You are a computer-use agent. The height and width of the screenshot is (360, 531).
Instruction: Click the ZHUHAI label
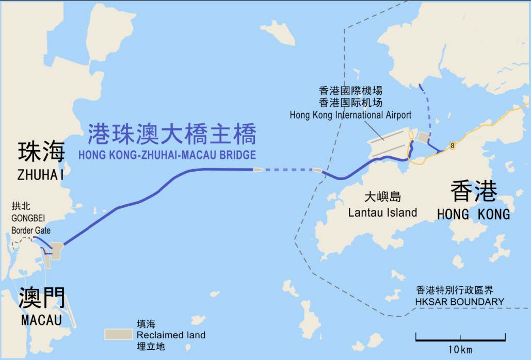point(41,175)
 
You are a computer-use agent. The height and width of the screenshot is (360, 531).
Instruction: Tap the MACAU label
point(41,320)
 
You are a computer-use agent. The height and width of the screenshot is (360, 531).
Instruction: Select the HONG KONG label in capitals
point(473,214)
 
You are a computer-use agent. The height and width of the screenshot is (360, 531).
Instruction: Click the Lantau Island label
point(382,212)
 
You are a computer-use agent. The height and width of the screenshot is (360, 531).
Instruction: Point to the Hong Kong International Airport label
point(350,114)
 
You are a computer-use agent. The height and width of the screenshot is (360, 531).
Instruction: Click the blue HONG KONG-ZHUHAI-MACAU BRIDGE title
point(167,154)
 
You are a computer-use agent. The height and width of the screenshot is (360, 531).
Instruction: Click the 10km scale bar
point(460,339)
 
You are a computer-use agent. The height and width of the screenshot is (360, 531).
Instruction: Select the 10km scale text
point(460,350)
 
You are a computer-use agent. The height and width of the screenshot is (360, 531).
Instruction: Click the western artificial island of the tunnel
point(257,169)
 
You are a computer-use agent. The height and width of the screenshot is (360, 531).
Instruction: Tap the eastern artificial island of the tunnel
point(317,170)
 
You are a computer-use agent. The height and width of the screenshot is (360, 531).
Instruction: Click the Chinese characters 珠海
point(41,153)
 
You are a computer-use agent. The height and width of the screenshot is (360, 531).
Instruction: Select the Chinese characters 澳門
point(41,298)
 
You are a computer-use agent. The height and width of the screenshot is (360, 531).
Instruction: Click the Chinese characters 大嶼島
point(382,197)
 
